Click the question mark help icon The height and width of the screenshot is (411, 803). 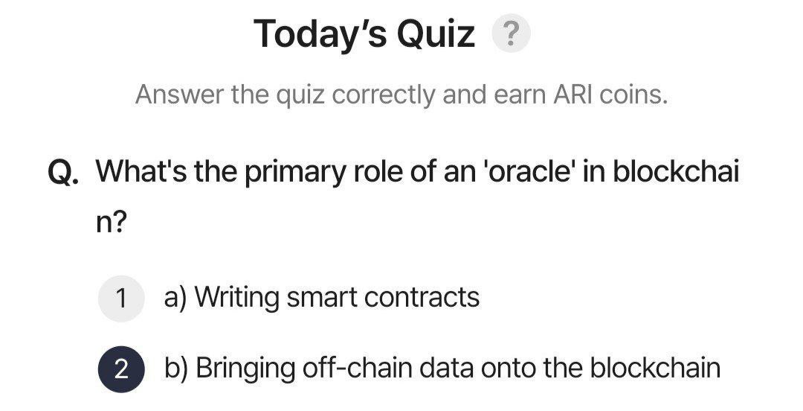pyautogui.click(x=511, y=34)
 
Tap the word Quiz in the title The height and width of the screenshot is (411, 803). pyautogui.click(x=436, y=34)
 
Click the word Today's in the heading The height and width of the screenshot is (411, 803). pyautogui.click(x=320, y=34)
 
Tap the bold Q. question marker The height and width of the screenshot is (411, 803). pyautogui.click(x=63, y=172)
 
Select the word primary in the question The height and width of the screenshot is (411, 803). pyautogui.click(x=295, y=173)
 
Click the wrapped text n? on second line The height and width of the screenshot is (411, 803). pyautogui.click(x=111, y=222)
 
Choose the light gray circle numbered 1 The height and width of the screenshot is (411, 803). pyautogui.click(x=121, y=299)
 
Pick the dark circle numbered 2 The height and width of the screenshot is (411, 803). pyautogui.click(x=121, y=369)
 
